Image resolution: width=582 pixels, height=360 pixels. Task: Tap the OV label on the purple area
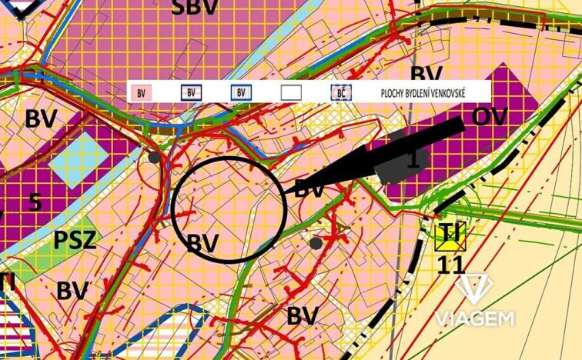tap(491, 117)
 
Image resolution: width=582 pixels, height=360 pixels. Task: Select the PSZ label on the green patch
tap(75, 240)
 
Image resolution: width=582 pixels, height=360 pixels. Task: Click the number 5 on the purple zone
tap(35, 202)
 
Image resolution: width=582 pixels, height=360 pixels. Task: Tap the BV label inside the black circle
tap(204, 243)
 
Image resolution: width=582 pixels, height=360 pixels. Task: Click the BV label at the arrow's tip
tap(309, 188)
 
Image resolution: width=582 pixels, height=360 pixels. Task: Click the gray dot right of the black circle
tap(316, 243)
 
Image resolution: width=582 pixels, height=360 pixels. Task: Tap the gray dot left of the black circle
tap(155, 157)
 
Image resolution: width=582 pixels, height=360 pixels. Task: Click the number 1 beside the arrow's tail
tap(413, 160)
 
